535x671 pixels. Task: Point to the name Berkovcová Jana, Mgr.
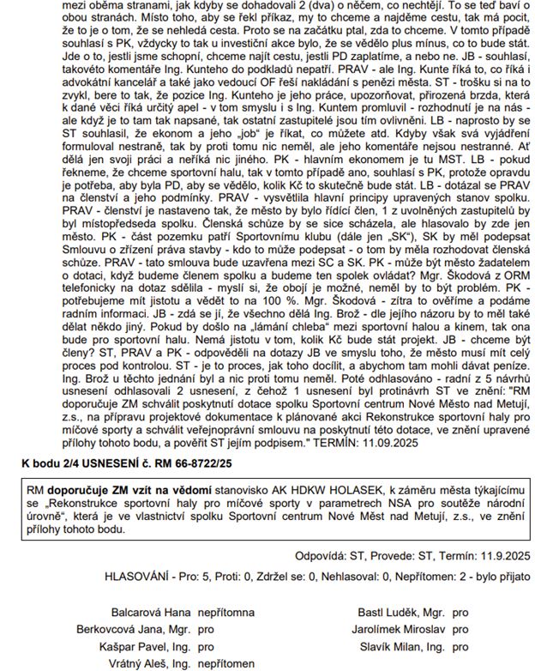(147, 631)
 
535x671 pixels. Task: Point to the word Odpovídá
(321, 555)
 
